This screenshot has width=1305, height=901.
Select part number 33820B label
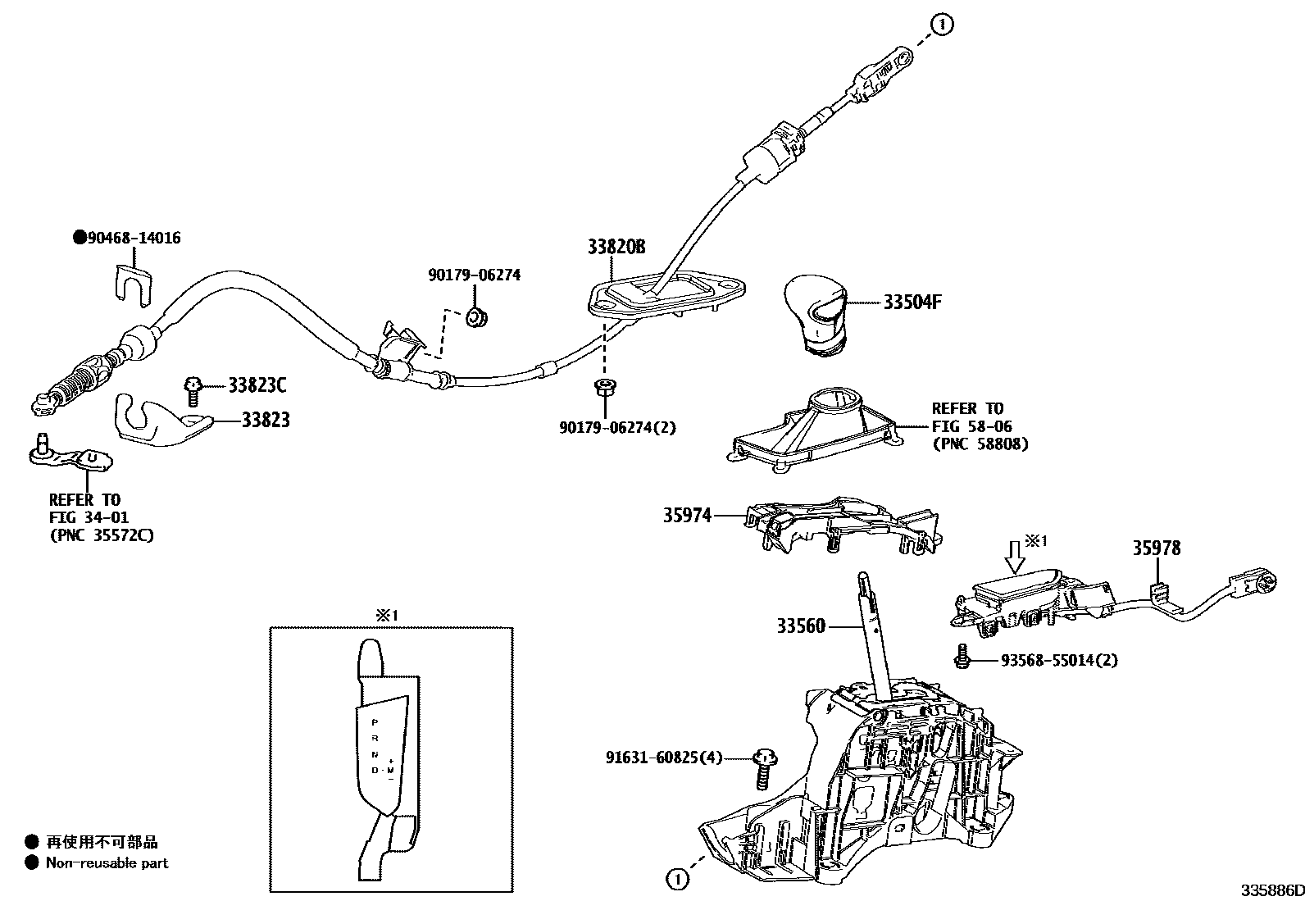616,247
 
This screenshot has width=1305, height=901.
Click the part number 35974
687,515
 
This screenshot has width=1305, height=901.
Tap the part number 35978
1156,548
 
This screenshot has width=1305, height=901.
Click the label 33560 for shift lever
801,626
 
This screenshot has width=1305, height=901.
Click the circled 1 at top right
943,25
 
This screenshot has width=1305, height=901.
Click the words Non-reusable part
107,862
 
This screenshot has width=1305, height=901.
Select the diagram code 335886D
1271,890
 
